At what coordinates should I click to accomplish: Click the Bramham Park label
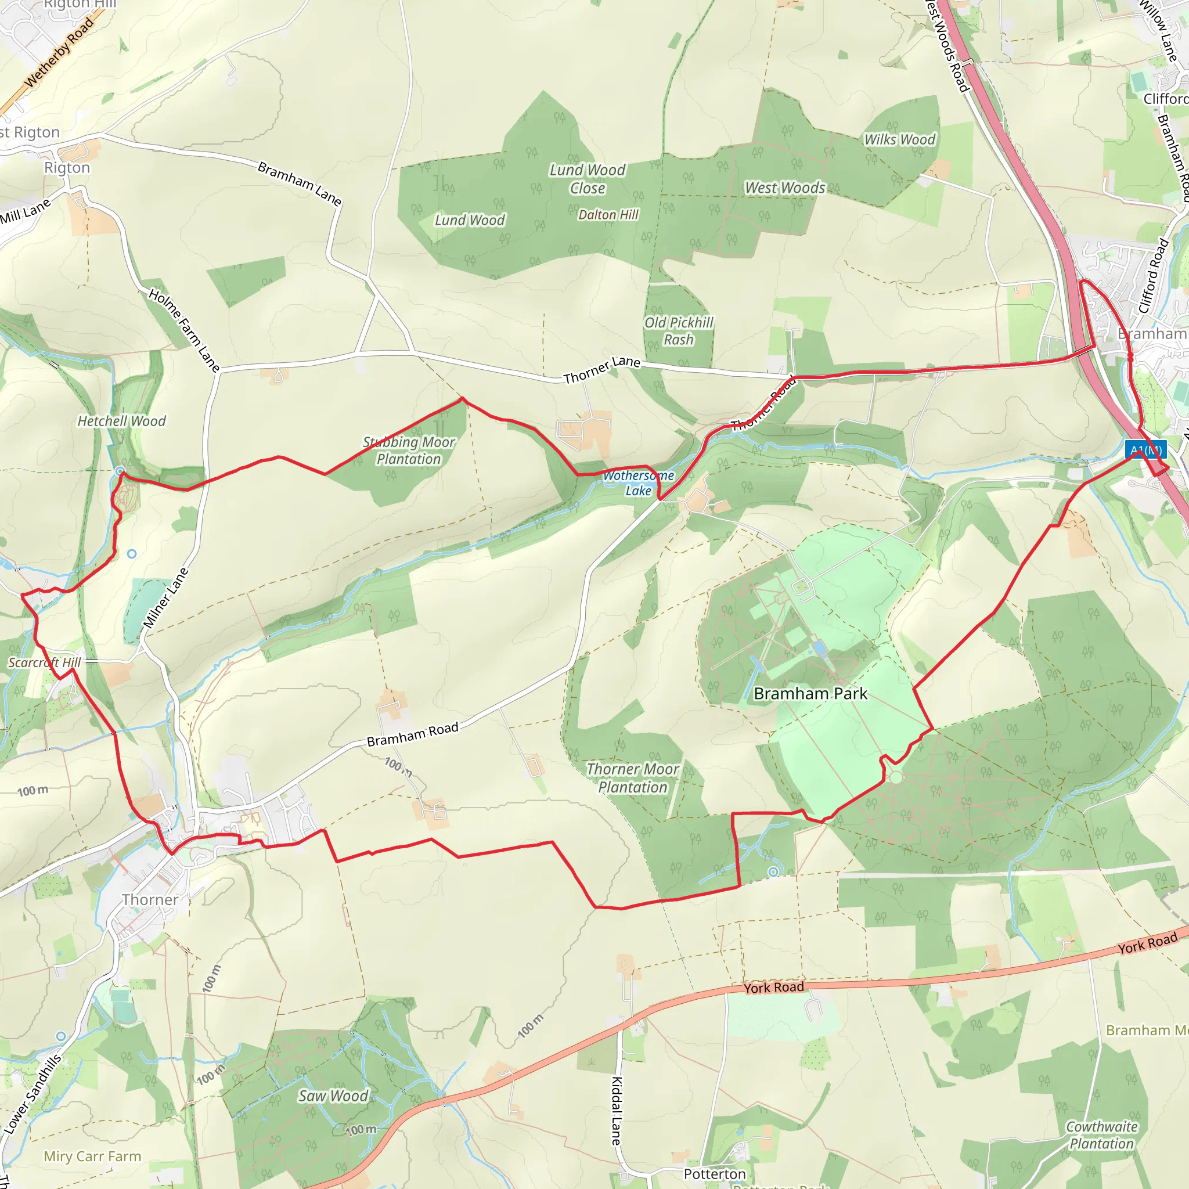(810, 694)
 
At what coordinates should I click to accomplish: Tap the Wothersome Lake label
(638, 483)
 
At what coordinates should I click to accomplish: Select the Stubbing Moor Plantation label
(409, 451)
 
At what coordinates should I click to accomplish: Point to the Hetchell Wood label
(121, 421)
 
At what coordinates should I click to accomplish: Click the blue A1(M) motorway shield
(1145, 449)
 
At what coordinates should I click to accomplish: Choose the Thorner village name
(150, 900)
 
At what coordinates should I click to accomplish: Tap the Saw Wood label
(333, 1096)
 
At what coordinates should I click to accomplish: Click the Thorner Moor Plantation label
(633, 778)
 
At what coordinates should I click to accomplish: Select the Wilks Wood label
(899, 140)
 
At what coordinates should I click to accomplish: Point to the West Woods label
(785, 188)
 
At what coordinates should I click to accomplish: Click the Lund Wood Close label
(587, 179)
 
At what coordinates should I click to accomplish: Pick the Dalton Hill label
(608, 215)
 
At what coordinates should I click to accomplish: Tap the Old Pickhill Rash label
(679, 331)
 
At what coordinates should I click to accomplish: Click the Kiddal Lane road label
(616, 1111)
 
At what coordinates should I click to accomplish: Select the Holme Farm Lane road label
(183, 330)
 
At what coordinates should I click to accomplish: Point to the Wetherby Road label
(60, 52)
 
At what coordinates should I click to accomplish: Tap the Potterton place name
(715, 1173)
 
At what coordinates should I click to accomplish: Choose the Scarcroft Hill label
(44, 662)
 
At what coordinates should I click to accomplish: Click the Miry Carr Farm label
(92, 1156)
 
